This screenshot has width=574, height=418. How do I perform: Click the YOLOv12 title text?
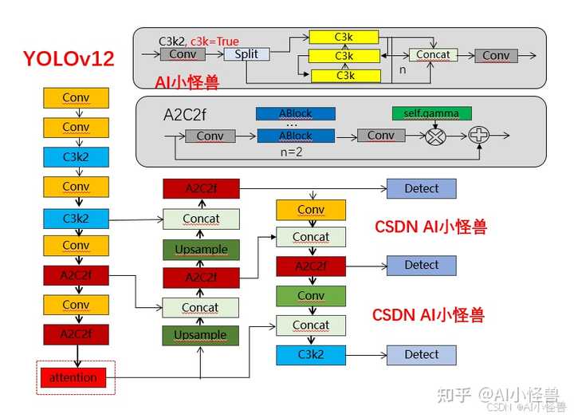point(69,59)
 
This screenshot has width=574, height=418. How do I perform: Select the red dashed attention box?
point(77,377)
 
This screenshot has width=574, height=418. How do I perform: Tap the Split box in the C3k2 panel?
point(246,54)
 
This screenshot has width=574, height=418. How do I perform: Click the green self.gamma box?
point(431,113)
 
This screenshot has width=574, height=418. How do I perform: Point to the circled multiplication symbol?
point(435,136)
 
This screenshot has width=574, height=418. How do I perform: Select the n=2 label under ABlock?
point(294,150)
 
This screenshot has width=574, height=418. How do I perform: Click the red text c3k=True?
point(214,41)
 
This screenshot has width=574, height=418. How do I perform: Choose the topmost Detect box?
point(421,189)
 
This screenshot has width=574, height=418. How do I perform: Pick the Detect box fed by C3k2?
point(421,355)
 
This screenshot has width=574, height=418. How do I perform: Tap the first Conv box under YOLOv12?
point(76,98)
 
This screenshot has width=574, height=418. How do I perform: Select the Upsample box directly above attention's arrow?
point(201,335)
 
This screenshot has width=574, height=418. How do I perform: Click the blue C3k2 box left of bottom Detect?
point(311,355)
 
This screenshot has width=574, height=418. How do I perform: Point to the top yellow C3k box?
point(344,37)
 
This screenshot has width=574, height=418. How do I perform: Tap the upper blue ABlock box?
point(295,114)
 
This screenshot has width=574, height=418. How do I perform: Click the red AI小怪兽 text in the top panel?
point(187,81)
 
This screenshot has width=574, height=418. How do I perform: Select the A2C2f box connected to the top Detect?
point(201,189)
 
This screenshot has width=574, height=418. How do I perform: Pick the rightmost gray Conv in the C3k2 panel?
point(495,56)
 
